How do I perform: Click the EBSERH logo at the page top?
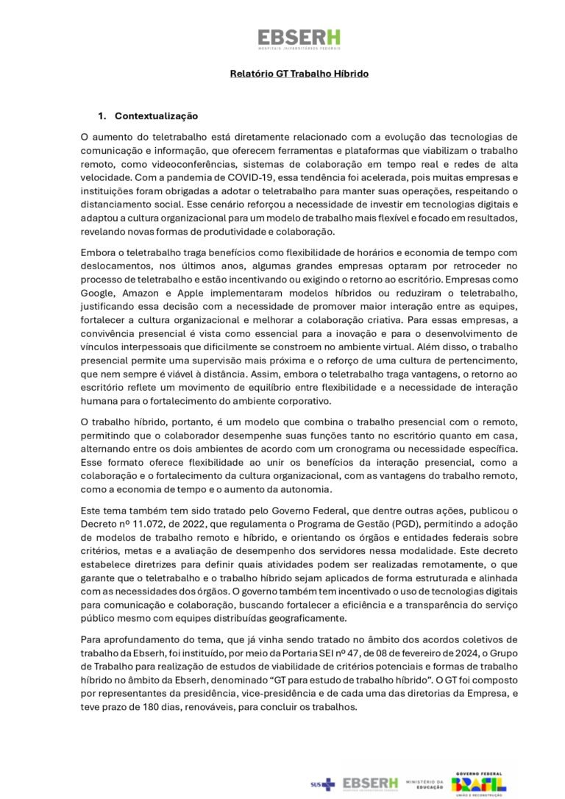(299, 38)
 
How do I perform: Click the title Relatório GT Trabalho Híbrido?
(299, 74)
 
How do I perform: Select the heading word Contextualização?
(156, 116)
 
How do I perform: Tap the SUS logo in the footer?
(322, 784)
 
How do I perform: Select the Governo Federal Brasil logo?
(479, 783)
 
